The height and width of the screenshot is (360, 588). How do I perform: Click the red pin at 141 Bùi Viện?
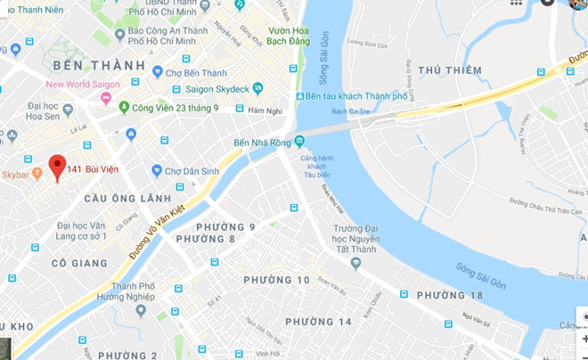click(x=57, y=166)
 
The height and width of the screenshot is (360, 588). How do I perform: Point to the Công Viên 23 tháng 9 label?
click(x=180, y=108)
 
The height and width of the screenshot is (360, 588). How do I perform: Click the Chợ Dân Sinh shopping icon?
click(x=157, y=170)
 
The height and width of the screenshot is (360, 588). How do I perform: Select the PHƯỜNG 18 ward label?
click(x=449, y=295)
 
